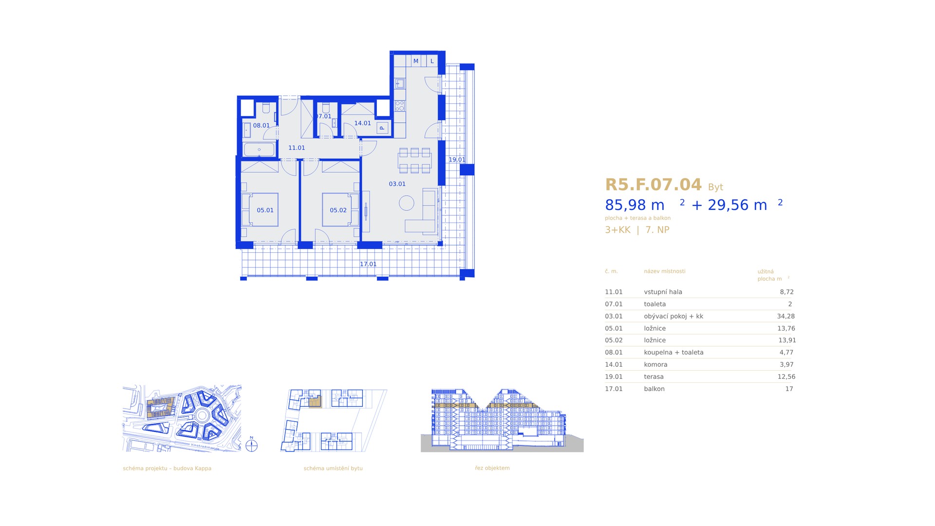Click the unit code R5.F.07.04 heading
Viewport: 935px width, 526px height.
coord(653,185)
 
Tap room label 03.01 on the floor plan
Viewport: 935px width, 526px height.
coord(397,184)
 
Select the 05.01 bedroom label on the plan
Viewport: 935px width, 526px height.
coord(265,210)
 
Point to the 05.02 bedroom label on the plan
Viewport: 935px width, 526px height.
coord(338,210)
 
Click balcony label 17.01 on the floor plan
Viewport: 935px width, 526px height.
coord(368,264)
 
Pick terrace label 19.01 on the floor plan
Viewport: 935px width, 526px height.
coord(457,160)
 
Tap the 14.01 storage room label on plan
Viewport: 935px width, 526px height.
coord(362,123)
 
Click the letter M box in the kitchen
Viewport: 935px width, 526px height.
coord(416,61)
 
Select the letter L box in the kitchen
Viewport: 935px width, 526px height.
coord(432,61)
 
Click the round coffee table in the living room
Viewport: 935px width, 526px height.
coord(407,203)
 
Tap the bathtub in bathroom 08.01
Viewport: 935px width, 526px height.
coord(259,150)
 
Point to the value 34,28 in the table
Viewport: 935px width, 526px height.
coord(786,316)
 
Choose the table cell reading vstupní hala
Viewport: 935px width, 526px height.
coord(663,292)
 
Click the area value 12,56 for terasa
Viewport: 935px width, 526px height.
coord(786,376)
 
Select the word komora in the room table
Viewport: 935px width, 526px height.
coord(655,364)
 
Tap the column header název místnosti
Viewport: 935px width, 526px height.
coord(664,271)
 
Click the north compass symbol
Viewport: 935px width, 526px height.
coord(251,445)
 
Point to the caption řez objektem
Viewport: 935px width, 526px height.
coord(492,468)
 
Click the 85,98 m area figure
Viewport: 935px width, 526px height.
coord(635,205)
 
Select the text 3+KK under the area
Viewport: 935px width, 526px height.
coord(617,230)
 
